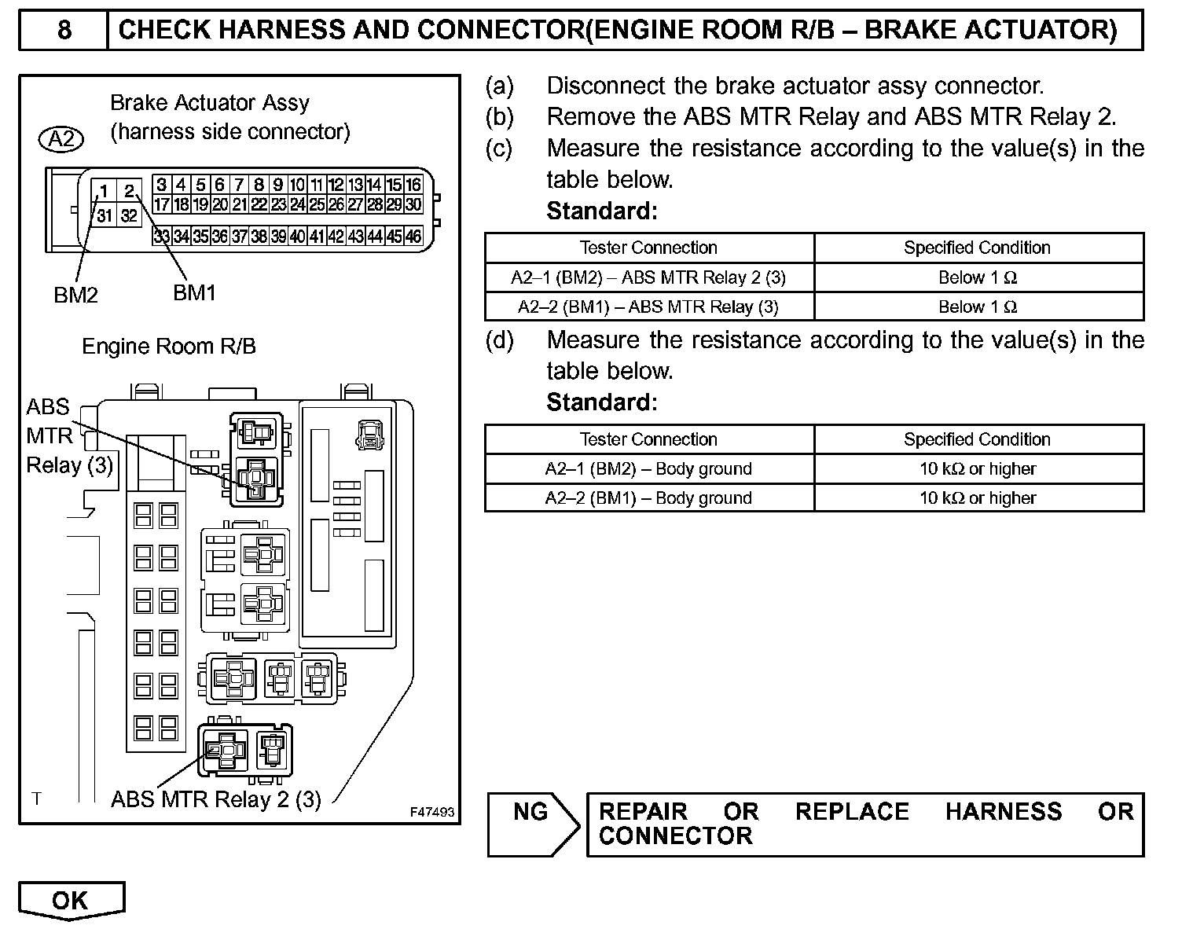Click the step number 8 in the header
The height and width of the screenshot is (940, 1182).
click(64, 30)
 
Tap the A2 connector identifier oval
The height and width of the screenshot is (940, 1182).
click(61, 139)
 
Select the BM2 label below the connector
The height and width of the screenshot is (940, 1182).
click(75, 295)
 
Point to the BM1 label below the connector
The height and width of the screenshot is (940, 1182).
click(194, 292)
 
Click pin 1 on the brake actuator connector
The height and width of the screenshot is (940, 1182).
click(104, 191)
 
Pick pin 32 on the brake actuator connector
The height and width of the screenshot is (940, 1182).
click(129, 215)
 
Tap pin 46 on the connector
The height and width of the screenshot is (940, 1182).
click(413, 236)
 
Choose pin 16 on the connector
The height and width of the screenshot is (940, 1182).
click(413, 185)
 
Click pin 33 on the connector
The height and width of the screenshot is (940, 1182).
click(162, 236)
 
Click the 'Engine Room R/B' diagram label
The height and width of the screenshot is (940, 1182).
click(169, 347)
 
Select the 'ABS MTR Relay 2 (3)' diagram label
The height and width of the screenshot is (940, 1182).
click(216, 799)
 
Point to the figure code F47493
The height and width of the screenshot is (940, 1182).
click(431, 812)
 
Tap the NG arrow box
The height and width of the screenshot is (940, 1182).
click(531, 823)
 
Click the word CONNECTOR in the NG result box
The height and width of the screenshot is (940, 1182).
click(675, 835)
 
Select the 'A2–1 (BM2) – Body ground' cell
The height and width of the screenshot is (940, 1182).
click(648, 469)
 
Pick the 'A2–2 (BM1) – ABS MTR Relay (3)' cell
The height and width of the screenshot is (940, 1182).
click(648, 307)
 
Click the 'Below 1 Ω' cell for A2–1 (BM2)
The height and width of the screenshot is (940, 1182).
click(978, 277)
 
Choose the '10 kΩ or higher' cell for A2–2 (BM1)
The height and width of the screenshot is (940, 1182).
click(978, 498)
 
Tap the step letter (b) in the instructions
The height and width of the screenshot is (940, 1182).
click(499, 117)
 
